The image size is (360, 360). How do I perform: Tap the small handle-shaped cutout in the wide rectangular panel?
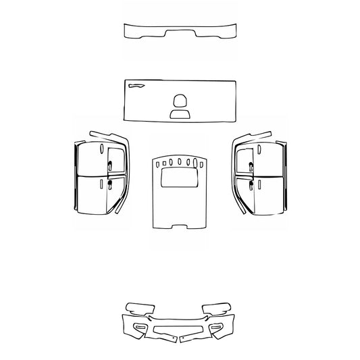coord(136,86)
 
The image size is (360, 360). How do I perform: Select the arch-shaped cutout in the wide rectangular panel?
coord(180,101)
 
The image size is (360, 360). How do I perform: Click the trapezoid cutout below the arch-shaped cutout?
coord(180,114)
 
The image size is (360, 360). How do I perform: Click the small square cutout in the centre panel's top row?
coord(162,162)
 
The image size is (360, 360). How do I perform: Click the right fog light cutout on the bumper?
coord(218,328)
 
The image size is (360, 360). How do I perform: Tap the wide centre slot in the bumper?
coord(179,330)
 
